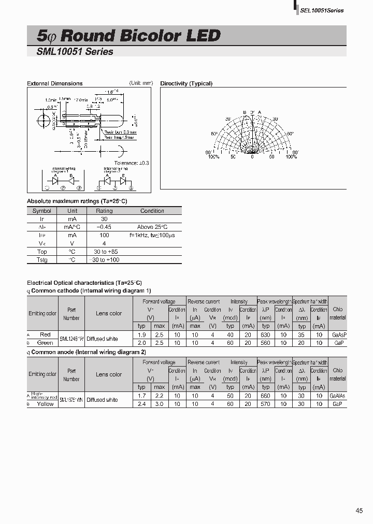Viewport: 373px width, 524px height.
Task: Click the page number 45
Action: coord(360,511)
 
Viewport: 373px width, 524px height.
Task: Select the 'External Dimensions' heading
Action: coord(54,83)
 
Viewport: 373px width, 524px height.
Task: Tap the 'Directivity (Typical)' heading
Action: coord(186,83)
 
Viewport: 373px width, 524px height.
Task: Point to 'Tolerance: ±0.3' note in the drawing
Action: coord(132,163)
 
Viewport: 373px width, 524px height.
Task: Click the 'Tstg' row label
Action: coord(41,259)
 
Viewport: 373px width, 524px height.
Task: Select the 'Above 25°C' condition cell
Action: coord(152,227)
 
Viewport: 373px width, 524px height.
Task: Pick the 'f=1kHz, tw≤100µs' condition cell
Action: coord(152,235)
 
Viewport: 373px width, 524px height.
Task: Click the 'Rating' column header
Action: coord(104,211)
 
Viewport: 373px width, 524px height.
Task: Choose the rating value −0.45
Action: coord(104,227)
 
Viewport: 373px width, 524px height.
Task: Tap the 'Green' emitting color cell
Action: coord(45,343)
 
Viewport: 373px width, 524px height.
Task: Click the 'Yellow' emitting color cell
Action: coord(45,404)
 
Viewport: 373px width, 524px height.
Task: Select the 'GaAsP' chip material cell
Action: coord(338,334)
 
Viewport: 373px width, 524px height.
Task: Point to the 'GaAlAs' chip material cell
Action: coord(338,396)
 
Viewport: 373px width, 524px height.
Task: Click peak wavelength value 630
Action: coord(266,334)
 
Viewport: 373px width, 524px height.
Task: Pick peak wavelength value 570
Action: coord(266,404)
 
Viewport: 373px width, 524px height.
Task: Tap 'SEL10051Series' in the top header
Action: coord(322,10)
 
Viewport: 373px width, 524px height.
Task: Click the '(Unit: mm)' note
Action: coord(141,83)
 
